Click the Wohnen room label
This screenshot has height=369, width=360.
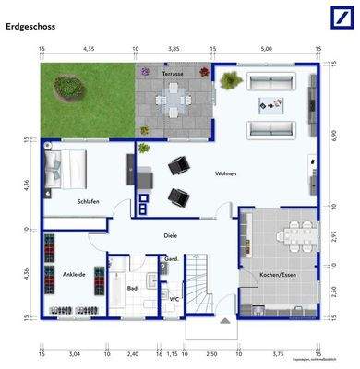click(x=226, y=173)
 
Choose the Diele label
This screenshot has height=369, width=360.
click(x=171, y=235)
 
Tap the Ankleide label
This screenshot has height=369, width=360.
click(x=74, y=275)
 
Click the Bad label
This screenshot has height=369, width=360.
click(x=132, y=288)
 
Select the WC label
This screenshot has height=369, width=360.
click(x=174, y=299)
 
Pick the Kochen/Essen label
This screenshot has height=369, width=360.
click(x=278, y=275)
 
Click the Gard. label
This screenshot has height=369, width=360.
click(x=171, y=259)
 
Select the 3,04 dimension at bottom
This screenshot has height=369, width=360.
click(x=74, y=353)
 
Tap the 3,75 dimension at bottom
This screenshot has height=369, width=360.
click(x=278, y=353)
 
